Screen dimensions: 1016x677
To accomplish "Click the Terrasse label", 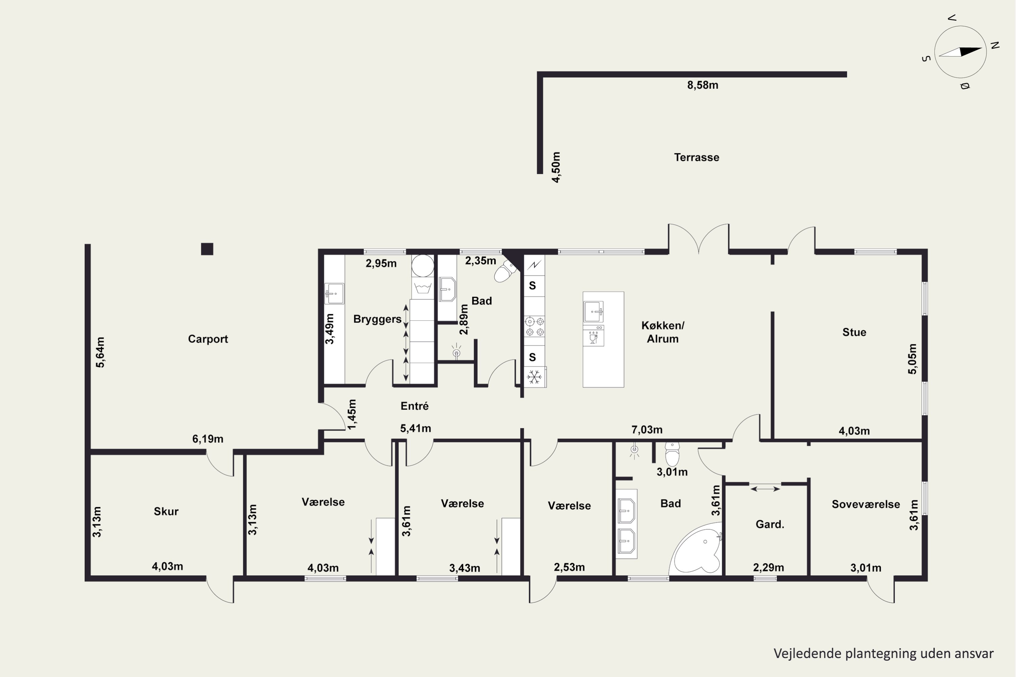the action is coord(696,157).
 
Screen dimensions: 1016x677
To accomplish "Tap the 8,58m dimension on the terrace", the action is coord(702,85).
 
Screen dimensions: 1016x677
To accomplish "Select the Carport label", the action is coord(208,339).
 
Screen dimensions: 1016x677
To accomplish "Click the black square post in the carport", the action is coord(207,249).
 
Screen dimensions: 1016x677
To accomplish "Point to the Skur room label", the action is coord(166,511).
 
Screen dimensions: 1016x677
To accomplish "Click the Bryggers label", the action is coord(377,319).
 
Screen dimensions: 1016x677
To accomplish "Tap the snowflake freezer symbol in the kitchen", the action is coord(534,377).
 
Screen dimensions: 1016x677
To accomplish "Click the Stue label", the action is coord(854,332).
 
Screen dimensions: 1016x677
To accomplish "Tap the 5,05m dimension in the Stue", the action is coord(912,359).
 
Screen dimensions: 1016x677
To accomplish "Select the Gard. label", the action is coord(769,524).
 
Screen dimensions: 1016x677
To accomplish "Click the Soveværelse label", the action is coord(866,504).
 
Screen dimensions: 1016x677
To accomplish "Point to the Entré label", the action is coord(414,406).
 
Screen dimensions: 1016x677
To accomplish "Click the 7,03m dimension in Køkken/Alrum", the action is coord(647,430).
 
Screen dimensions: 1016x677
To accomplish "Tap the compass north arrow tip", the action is coord(982,49).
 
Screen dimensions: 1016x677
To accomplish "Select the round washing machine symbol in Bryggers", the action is coord(422,265).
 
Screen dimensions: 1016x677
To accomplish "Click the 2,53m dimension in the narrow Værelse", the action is coord(569,567).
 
